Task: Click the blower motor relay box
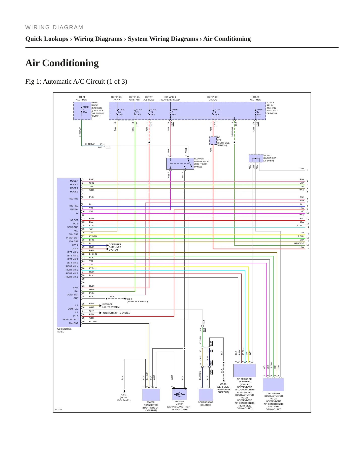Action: click(180, 163)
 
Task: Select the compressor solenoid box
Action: click(206, 395)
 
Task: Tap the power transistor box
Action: click(151, 395)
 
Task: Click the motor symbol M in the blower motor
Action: click(179, 394)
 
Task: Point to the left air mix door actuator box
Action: click(273, 385)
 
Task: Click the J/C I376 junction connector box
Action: click(213, 141)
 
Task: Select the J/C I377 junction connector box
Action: click(256, 158)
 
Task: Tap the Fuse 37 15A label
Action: click(86, 110)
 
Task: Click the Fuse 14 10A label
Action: click(259, 112)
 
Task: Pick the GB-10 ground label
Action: click(223, 384)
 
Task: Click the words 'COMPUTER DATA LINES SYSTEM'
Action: click(115, 247)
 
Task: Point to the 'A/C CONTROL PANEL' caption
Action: click(64, 330)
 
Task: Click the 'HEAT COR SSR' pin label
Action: click(70, 320)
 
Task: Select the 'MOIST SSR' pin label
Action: click(72, 295)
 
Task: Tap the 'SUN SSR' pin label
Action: click(74, 234)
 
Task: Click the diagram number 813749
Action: click(58, 410)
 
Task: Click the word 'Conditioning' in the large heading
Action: click(71, 63)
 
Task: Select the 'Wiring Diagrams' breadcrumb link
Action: click(98, 39)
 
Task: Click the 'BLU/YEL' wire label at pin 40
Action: click(93, 321)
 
